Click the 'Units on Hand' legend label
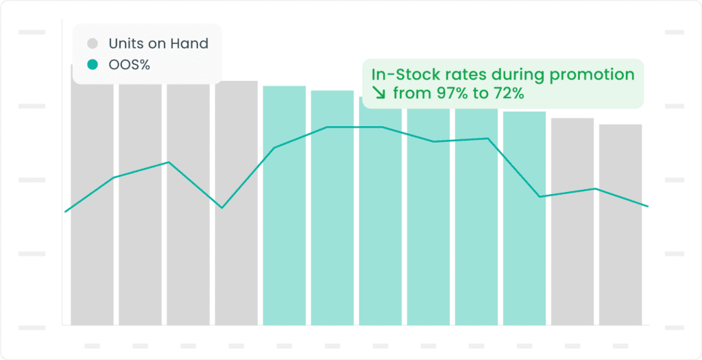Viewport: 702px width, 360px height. (x=158, y=43)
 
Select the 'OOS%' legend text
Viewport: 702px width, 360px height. (x=130, y=65)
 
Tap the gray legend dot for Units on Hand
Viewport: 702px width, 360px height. (x=93, y=43)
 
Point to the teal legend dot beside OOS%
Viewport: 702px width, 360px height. (x=93, y=65)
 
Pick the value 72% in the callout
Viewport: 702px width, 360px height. (x=508, y=94)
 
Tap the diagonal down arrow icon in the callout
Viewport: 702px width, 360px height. (x=379, y=94)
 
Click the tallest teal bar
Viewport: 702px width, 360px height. (x=285, y=206)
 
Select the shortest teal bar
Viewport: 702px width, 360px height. (x=524, y=219)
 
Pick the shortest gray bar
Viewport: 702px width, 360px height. (x=620, y=225)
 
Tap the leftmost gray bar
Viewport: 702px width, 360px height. (x=93, y=195)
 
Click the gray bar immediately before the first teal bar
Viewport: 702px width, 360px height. (x=237, y=203)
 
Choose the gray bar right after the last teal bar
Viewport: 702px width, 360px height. (x=572, y=221)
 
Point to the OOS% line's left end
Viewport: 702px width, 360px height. (x=65, y=211)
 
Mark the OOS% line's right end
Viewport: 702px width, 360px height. (x=648, y=206)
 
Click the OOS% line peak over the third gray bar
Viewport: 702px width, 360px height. (x=169, y=162)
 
